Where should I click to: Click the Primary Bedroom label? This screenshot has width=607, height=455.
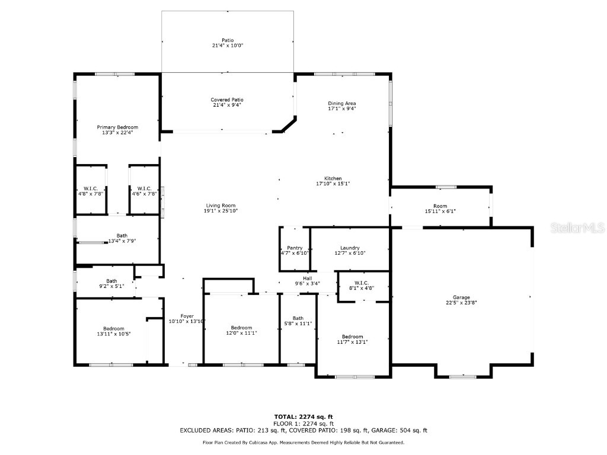[x=117, y=127]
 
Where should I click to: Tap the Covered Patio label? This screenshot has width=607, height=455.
[x=227, y=100]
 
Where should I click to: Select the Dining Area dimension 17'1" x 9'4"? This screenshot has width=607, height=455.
[x=342, y=109]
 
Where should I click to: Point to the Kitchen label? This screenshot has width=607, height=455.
[x=333, y=178]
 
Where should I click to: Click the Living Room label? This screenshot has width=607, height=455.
[x=221, y=206]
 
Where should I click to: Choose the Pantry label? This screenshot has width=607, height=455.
[x=295, y=248]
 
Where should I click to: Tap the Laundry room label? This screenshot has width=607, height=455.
[x=350, y=248]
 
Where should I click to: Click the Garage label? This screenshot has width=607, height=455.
[x=461, y=297]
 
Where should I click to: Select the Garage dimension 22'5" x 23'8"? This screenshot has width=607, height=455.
[x=461, y=303]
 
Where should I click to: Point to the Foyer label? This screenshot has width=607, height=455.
[x=187, y=316]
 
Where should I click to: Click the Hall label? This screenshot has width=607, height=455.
[x=307, y=278]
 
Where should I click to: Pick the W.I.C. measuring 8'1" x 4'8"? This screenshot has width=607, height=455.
[x=361, y=287]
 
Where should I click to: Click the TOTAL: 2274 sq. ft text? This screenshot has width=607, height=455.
[x=303, y=416]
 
